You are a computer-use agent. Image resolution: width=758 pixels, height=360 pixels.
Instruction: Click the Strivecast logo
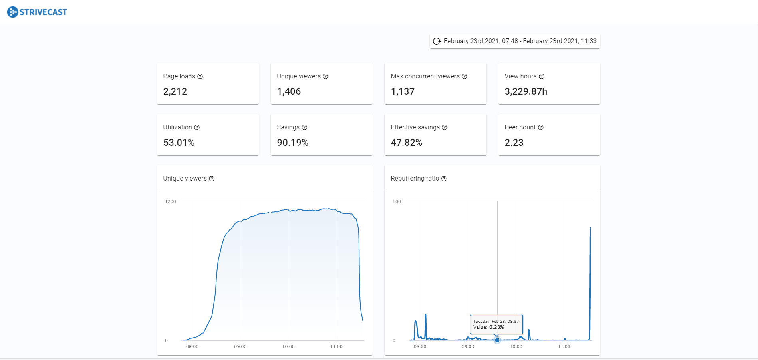click(37, 12)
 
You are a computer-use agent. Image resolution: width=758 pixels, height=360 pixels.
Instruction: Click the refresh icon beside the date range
click(437, 41)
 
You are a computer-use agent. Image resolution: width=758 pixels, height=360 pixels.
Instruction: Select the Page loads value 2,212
click(175, 91)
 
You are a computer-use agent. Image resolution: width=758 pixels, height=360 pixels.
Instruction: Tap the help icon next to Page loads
click(200, 76)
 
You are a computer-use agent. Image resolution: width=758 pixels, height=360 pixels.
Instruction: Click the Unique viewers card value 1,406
click(289, 91)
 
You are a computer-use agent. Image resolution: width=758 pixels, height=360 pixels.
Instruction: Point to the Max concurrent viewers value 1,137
click(403, 91)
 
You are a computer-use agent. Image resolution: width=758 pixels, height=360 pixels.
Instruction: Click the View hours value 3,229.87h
click(526, 91)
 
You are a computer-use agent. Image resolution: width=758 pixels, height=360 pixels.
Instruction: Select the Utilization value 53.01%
click(179, 143)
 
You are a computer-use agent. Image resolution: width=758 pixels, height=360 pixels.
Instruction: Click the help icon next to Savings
click(304, 127)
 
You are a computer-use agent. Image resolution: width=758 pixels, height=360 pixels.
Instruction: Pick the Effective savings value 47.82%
click(406, 143)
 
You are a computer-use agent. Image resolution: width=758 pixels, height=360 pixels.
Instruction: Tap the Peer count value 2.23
click(514, 143)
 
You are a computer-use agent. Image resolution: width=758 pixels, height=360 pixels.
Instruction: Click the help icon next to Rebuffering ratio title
click(444, 179)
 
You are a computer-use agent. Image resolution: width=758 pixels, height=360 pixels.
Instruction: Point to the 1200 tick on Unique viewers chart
click(171, 201)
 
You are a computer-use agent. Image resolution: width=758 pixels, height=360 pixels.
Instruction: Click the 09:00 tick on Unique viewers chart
click(240, 346)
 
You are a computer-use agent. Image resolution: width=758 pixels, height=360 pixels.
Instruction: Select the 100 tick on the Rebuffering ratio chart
click(397, 201)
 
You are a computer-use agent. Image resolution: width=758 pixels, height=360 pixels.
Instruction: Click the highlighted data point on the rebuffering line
click(497, 340)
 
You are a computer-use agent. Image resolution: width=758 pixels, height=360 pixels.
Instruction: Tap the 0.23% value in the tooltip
click(496, 327)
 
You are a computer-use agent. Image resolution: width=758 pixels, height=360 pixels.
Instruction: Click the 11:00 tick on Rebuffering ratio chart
click(564, 346)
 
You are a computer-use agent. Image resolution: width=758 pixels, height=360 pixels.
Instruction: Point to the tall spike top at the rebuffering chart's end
click(590, 228)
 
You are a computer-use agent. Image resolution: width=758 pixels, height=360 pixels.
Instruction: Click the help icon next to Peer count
click(541, 127)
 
